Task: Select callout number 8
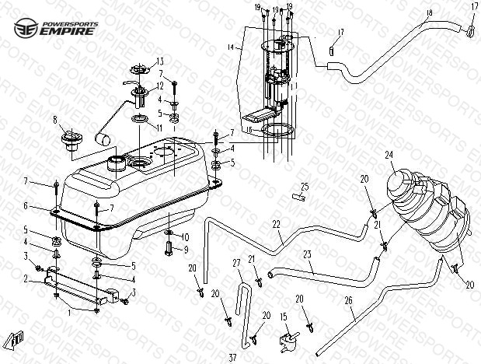pyautogui.click(x=55, y=119)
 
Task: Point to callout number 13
pyautogui.click(x=159, y=61)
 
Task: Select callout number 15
pyautogui.click(x=284, y=316)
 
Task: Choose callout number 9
pyautogui.click(x=185, y=249)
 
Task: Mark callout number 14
pyautogui.click(x=230, y=47)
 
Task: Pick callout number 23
pyautogui.click(x=307, y=254)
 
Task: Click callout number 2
pyautogui.click(x=26, y=278)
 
